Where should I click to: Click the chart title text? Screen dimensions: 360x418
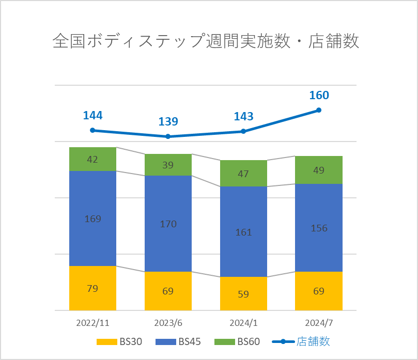pyautogui.click(x=206, y=42)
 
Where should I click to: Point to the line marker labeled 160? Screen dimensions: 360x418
pyautogui.click(x=319, y=110)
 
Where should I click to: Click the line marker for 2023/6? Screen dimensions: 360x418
pyautogui.click(x=168, y=136)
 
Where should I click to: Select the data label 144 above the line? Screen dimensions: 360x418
pyautogui.click(x=92, y=115)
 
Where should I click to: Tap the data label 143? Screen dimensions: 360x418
pyautogui.click(x=243, y=116)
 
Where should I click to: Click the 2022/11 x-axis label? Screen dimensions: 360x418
pyautogui.click(x=92, y=323)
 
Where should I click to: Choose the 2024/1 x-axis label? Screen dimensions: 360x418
pyautogui.click(x=243, y=323)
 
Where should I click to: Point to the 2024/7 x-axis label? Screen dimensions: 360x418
pyautogui.click(x=319, y=323)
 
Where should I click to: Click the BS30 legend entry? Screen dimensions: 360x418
pyautogui.click(x=119, y=341)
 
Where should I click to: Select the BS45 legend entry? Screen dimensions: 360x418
pyautogui.click(x=178, y=341)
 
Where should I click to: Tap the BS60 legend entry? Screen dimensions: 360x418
pyautogui.click(x=238, y=341)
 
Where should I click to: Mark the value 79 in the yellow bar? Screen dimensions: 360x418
pyautogui.click(x=92, y=288)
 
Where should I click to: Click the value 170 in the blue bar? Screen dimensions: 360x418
pyautogui.click(x=168, y=224)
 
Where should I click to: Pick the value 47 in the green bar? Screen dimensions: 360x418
pyautogui.click(x=243, y=174)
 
